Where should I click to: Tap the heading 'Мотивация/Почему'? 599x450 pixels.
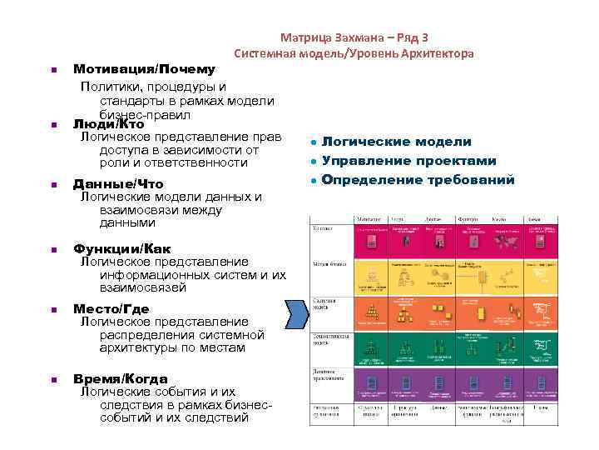144,69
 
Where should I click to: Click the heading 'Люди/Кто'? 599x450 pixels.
109,124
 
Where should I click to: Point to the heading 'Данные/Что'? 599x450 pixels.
118,184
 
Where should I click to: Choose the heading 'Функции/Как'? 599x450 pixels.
122,249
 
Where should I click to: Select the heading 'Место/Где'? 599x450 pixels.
111,309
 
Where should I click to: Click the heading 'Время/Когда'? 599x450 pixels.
120,378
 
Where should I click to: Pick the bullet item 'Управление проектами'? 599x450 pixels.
408,161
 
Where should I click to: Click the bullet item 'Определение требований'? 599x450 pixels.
418,180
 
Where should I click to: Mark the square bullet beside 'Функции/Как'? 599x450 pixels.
52,250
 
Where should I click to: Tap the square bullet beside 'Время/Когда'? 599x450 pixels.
52,379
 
